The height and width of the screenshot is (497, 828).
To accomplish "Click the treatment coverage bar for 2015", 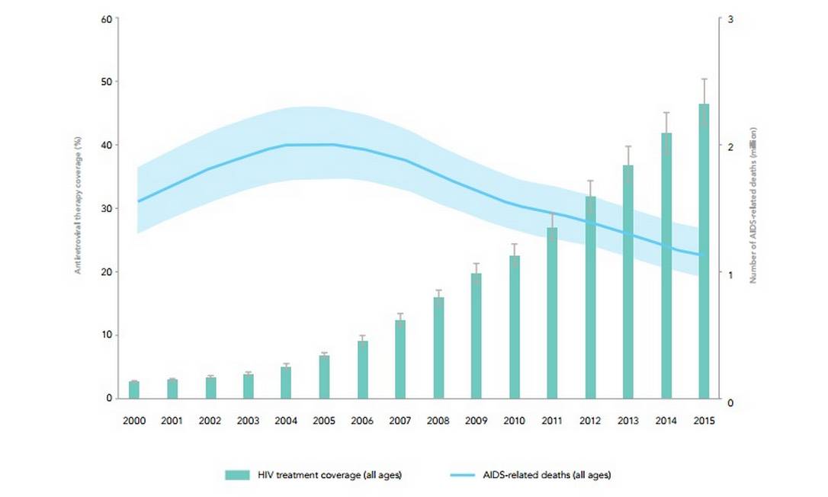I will (704, 252).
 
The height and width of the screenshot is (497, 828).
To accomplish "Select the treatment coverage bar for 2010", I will (515, 327).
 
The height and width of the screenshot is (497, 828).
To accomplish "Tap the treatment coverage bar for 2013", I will (628, 282).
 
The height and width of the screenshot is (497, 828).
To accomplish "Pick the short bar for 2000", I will (134, 390).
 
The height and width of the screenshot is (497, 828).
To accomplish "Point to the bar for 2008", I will (438, 348).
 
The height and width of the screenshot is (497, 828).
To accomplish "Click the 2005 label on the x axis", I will (324, 419).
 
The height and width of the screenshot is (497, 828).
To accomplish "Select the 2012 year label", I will (590, 419).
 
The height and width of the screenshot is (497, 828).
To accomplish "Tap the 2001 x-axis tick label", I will (172, 419).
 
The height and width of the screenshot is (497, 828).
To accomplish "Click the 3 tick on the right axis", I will (731, 18).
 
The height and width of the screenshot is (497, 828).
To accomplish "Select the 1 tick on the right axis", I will (731, 274).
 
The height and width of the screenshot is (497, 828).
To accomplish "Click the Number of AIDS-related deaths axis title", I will (752, 209).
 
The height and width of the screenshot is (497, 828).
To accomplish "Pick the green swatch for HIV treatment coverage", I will (238, 475).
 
